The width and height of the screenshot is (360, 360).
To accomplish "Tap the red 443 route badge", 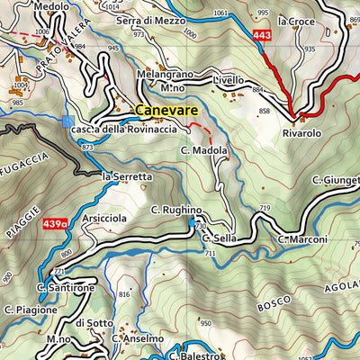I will tap(262, 36).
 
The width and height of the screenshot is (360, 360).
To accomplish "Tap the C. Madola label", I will tap(203, 150).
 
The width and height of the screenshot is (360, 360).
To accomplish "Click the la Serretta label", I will tap(127, 176).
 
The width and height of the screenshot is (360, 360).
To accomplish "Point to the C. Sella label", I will tap(219, 239).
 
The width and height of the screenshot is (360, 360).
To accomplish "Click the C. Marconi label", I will tap(302, 239).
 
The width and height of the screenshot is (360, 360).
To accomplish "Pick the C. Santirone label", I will tap(66, 287).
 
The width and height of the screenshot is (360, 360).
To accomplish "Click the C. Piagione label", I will tap(31, 310).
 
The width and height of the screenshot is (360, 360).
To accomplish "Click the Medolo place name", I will tap(51, 6).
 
